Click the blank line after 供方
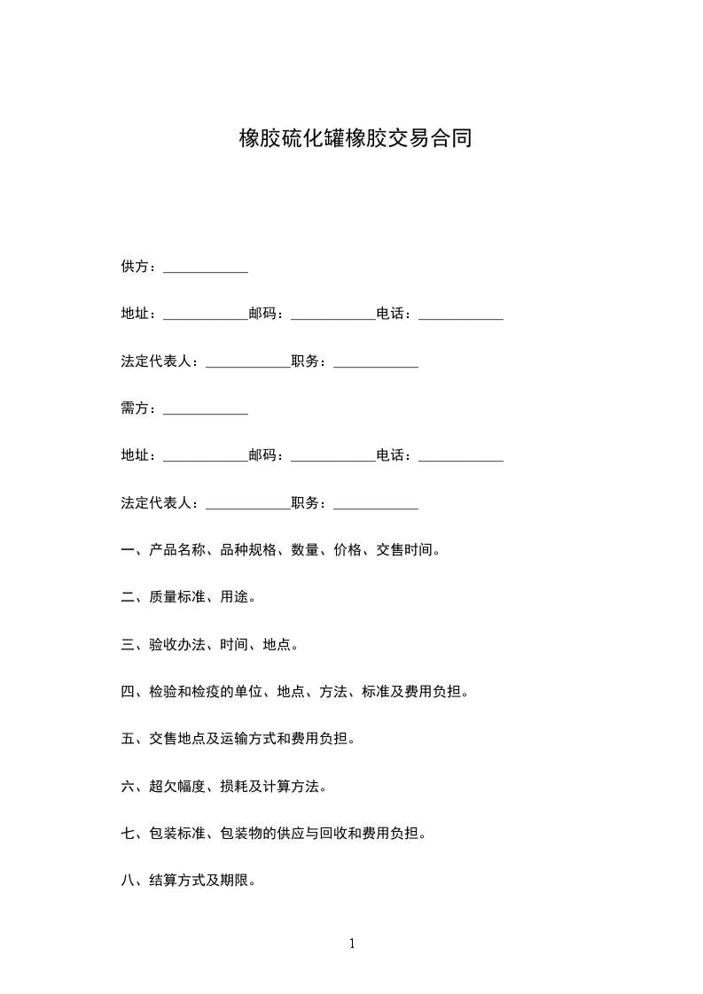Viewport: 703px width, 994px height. point(206,270)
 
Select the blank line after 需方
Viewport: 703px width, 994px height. point(206,412)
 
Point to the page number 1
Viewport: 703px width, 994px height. point(352,944)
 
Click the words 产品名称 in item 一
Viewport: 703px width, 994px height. point(177,550)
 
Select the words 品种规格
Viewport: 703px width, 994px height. point(248,550)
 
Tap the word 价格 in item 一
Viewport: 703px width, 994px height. point(348,550)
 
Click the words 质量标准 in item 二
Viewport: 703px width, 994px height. point(177,597)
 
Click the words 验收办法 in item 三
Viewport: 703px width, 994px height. point(177,645)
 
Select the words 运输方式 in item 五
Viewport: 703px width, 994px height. point(248,739)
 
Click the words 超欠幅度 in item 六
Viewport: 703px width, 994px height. point(177,787)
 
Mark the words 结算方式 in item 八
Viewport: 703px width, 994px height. point(177,881)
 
